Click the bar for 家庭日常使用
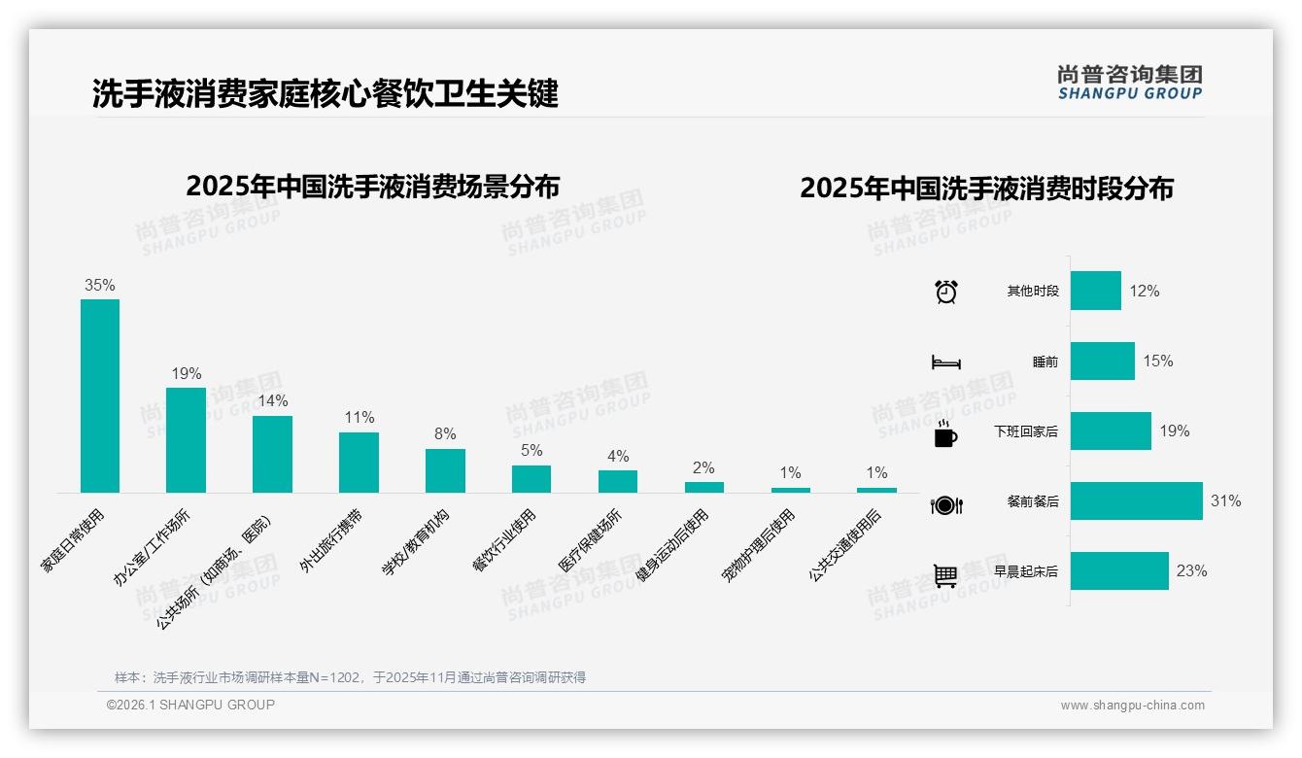coord(99,396)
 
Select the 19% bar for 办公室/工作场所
coord(186,439)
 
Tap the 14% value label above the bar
coord(273,400)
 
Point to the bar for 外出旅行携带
coord(359,463)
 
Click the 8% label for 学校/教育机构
coord(445,434)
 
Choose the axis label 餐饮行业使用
coord(504,540)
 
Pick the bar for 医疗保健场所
coord(618,481)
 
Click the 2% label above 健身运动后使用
coord(704,467)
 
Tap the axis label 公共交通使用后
coord(844,545)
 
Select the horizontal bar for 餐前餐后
coord(1136,501)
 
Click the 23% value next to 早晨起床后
coord(1191,571)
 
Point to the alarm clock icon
coord(946,292)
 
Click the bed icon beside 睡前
coord(946,362)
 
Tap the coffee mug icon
coord(945,433)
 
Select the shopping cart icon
coord(945,575)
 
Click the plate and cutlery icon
coord(946,504)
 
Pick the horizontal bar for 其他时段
coord(1096,291)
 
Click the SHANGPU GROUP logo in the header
coord(1129,83)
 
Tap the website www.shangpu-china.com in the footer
coord(1132,706)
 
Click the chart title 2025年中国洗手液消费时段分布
coord(986,188)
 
